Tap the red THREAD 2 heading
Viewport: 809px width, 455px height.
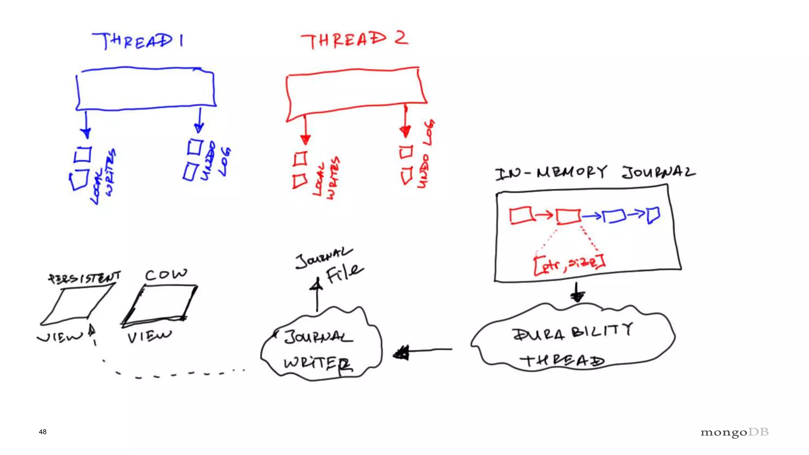[x=354, y=40]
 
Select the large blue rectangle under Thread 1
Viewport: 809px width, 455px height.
[x=145, y=89]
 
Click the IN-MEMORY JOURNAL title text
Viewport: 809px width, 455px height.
[x=595, y=173]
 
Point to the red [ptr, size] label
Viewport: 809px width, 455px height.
[x=569, y=265]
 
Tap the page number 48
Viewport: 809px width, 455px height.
[x=43, y=432]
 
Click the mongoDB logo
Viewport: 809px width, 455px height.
[x=734, y=432]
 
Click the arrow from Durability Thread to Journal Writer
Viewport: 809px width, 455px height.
[x=423, y=351]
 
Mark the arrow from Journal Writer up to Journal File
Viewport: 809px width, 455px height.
[x=316, y=294]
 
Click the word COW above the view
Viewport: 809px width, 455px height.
[x=166, y=275]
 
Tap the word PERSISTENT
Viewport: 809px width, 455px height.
[x=84, y=278]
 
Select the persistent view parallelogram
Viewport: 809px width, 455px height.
[x=77, y=305]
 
